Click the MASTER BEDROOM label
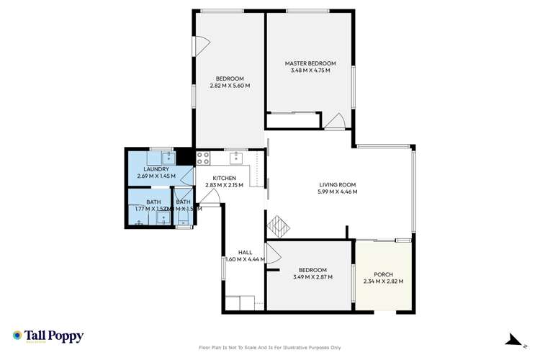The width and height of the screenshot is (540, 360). pos(310,63)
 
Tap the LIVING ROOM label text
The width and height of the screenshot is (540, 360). pos(338,184)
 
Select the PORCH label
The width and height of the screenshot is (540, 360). pos(383,274)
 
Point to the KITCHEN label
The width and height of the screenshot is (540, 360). pos(224,177)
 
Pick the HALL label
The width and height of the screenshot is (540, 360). pos(235,252)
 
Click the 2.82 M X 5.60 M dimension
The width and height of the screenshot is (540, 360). pos(230,86)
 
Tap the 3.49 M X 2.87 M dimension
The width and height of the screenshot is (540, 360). pos(310,277)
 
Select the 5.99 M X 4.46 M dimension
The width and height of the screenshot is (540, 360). pos(338,192)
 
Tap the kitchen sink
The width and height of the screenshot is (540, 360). pos(235,157)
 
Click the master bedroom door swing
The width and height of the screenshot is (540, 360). pos(334,122)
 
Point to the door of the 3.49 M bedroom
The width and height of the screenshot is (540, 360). pos(274,253)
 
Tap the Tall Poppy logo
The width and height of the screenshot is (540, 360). pos(48,336)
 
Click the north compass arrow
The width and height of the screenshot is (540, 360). pos(512,340)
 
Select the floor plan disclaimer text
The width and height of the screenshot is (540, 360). pos(270,348)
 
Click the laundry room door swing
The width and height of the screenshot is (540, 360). pos(187,176)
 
